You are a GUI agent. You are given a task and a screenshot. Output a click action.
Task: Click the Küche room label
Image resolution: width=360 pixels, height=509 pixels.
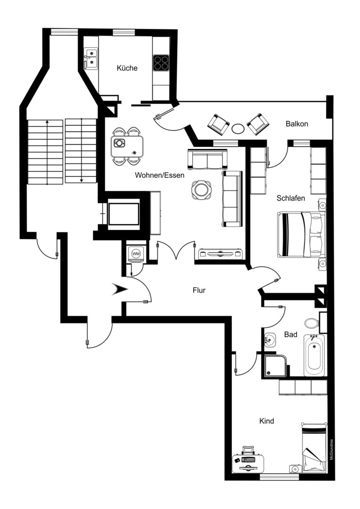[127, 68]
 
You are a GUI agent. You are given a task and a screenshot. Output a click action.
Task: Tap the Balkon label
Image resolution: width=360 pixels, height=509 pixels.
[297, 124]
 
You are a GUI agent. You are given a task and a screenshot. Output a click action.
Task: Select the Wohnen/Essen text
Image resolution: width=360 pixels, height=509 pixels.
[159, 175]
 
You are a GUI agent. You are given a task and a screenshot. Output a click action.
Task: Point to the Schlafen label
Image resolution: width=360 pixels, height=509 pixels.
[290, 198]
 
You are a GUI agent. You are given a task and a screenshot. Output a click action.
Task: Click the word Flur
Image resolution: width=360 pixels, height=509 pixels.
[199, 291]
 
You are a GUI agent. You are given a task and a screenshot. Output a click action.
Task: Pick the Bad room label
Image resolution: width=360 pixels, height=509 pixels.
[291, 334]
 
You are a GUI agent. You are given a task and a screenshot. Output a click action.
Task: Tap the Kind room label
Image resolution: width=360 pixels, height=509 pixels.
[267, 421]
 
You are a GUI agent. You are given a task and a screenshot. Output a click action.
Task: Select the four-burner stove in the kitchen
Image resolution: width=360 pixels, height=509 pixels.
[161, 63]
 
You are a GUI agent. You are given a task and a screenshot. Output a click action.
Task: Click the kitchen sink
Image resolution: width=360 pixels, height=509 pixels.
[91, 58]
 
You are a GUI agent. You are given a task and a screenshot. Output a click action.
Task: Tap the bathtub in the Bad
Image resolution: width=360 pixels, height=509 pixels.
[315, 355]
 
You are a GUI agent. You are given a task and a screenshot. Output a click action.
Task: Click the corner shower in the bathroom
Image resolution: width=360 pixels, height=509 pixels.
[274, 366]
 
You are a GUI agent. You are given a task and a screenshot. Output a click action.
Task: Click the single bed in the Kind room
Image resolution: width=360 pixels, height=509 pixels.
[314, 448]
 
